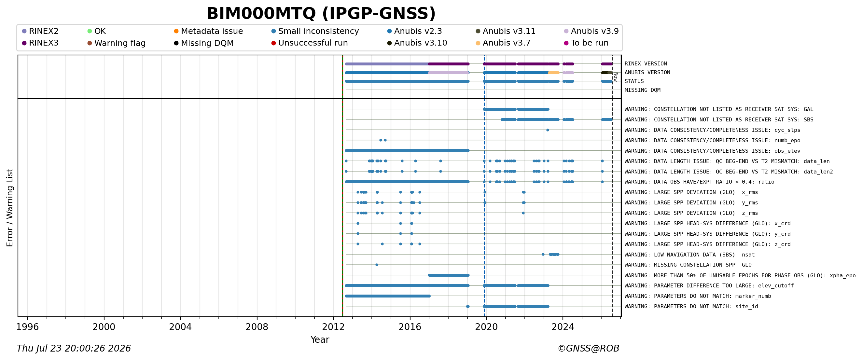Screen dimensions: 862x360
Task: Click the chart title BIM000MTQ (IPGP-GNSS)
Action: point(321,14)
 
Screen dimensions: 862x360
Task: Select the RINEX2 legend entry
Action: point(40,31)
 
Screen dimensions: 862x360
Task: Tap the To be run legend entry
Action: point(586,43)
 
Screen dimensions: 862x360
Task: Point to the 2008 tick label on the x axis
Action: point(257,327)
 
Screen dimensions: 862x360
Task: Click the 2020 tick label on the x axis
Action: point(486,327)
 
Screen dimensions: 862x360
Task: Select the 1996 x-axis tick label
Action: point(27,327)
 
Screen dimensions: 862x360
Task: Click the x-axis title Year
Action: point(320,339)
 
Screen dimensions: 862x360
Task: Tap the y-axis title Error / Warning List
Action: point(10,208)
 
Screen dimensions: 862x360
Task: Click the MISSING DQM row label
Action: point(643,90)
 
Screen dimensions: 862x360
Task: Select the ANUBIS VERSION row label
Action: point(647,73)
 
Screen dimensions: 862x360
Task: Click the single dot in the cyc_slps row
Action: point(548,130)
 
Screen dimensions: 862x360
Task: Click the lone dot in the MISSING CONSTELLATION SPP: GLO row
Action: point(377,265)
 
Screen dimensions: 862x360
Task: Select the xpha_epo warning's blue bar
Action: point(448,275)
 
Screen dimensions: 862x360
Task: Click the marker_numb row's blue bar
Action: point(387,296)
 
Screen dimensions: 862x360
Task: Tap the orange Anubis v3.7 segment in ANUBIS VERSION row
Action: point(553,73)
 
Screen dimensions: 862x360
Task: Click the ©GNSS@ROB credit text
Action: point(588,349)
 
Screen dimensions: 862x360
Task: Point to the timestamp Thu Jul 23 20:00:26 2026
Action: point(74,349)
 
